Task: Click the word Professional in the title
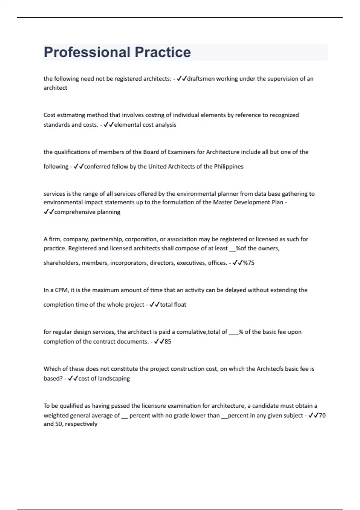pyautogui.click(x=87, y=52)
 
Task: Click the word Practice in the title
pyautogui.click(x=163, y=52)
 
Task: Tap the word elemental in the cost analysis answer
pyautogui.click(x=127, y=125)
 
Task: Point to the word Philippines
pyautogui.click(x=229, y=166)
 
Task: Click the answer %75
pyautogui.click(x=249, y=263)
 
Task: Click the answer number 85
pyautogui.click(x=168, y=341)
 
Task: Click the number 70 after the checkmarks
pyautogui.click(x=322, y=415)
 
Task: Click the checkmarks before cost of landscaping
pyautogui.click(x=73, y=378)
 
